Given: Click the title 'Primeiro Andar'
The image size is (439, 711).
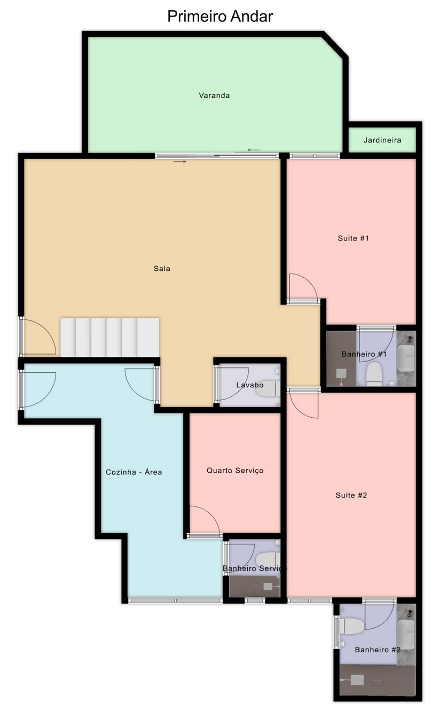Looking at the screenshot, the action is click(x=220, y=17).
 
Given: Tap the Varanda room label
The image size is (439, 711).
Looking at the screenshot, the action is click(x=214, y=95).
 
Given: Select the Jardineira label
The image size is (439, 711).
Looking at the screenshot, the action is click(x=382, y=140).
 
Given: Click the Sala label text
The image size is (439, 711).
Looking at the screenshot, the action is click(x=162, y=269).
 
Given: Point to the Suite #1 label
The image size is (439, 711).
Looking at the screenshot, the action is click(x=354, y=238).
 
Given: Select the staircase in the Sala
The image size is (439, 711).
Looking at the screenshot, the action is click(x=110, y=338).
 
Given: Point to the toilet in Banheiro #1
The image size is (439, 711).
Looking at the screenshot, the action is click(x=373, y=374).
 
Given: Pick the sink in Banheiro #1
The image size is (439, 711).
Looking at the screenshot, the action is click(x=406, y=358).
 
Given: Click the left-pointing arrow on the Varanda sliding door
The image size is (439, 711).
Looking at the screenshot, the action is click(x=254, y=150).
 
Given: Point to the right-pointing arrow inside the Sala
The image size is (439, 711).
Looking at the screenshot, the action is click(x=179, y=162).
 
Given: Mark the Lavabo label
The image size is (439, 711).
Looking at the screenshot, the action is click(x=250, y=385).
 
